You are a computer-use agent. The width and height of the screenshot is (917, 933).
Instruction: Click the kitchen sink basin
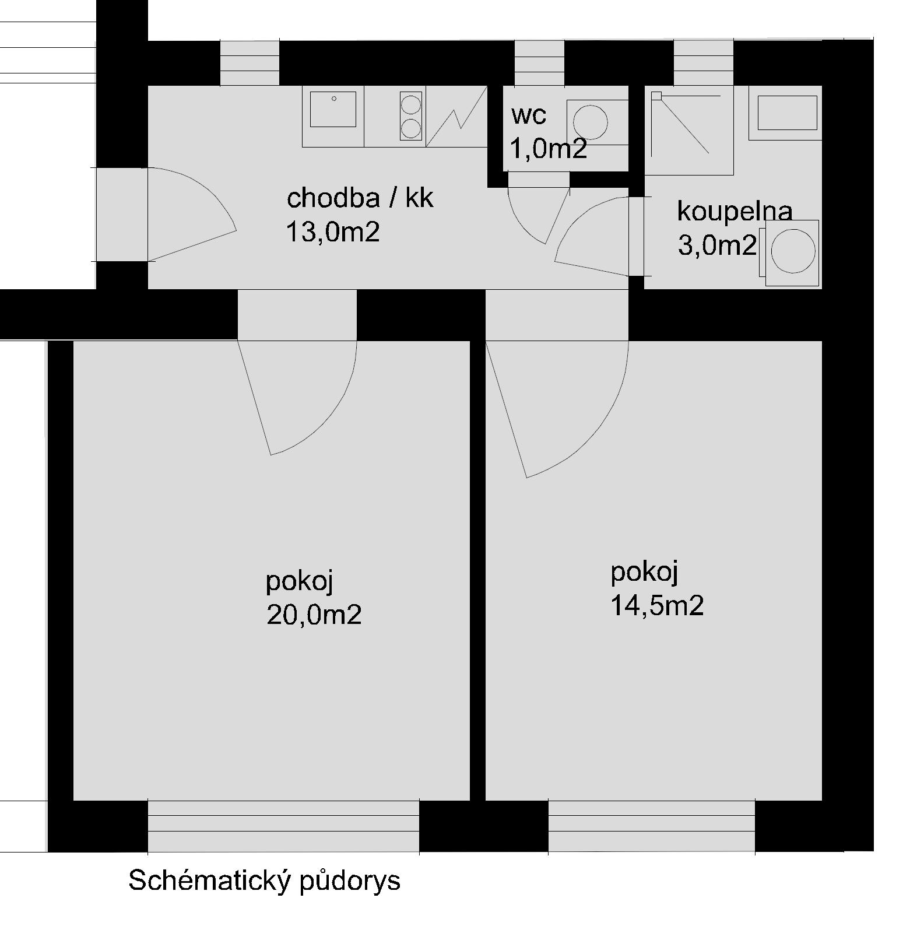tap(333, 109)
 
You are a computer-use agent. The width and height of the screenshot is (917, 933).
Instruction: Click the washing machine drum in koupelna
tap(793, 251)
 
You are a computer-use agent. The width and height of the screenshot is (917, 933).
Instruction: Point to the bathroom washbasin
tap(787, 113)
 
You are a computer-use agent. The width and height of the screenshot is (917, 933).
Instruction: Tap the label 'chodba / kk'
tap(360, 198)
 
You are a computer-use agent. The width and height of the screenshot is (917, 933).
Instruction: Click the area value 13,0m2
tap(332, 232)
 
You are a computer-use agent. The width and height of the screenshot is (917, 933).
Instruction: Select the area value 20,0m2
tap(314, 615)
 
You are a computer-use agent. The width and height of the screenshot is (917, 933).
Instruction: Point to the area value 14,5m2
tap(657, 606)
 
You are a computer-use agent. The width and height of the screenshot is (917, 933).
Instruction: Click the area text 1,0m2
tap(548, 149)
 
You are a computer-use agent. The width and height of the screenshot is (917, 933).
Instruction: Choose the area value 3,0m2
tap(717, 245)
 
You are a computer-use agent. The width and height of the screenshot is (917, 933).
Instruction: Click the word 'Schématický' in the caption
tap(209, 881)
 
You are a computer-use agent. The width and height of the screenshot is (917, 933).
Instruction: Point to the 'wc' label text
tap(529, 115)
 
